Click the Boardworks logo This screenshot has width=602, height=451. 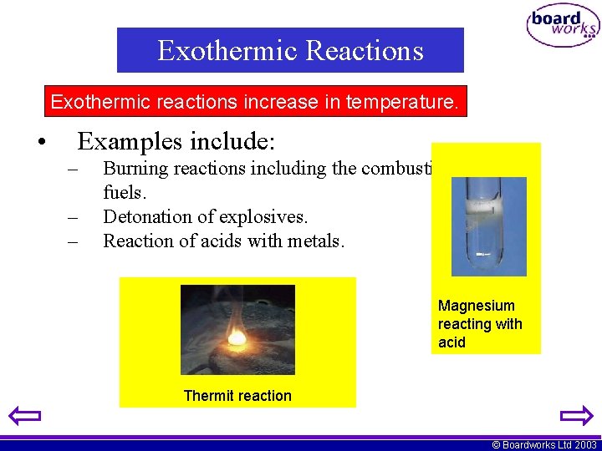pos(562,26)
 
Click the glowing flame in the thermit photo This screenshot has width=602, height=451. pos(237,337)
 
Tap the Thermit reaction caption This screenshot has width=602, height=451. pos(237,396)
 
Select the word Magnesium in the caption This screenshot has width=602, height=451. pos(477,306)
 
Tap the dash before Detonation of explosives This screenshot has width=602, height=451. pos(74,217)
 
